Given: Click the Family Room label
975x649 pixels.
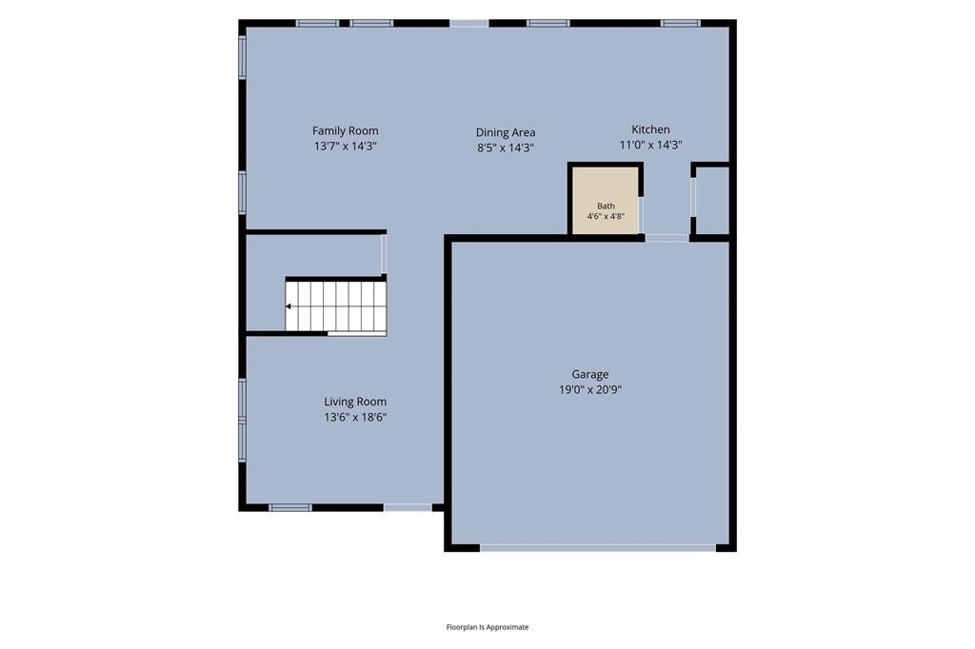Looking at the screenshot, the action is tap(345, 130).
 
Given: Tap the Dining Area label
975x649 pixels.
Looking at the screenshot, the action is tap(506, 132).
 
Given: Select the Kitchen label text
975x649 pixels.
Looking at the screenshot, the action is tap(650, 129).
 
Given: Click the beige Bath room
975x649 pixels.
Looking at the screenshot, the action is tap(606, 200).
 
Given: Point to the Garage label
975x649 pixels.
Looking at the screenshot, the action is tap(590, 374).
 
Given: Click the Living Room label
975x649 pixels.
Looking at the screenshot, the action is tap(355, 402).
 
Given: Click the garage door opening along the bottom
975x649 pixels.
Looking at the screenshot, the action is tap(598, 548).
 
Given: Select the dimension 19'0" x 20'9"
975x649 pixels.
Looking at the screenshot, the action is tap(590, 390).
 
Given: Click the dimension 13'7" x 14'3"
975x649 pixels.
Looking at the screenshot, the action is tap(345, 147).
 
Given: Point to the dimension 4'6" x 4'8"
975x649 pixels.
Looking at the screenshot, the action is tap(606, 216).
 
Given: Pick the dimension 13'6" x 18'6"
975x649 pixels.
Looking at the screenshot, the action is tap(355, 417).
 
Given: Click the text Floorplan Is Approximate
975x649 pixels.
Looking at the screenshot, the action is tap(487, 626).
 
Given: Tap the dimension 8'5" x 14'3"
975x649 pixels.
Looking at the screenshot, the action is tap(506, 147).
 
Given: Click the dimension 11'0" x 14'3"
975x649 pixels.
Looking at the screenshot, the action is tap(650, 145).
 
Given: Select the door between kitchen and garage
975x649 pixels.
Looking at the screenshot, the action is tap(667, 238).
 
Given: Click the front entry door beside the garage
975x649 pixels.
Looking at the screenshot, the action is tap(408, 507).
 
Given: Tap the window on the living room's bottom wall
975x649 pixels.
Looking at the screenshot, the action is tap(290, 507).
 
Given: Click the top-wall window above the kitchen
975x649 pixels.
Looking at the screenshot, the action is tap(680, 24).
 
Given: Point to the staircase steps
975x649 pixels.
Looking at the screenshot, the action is tap(336, 306).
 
